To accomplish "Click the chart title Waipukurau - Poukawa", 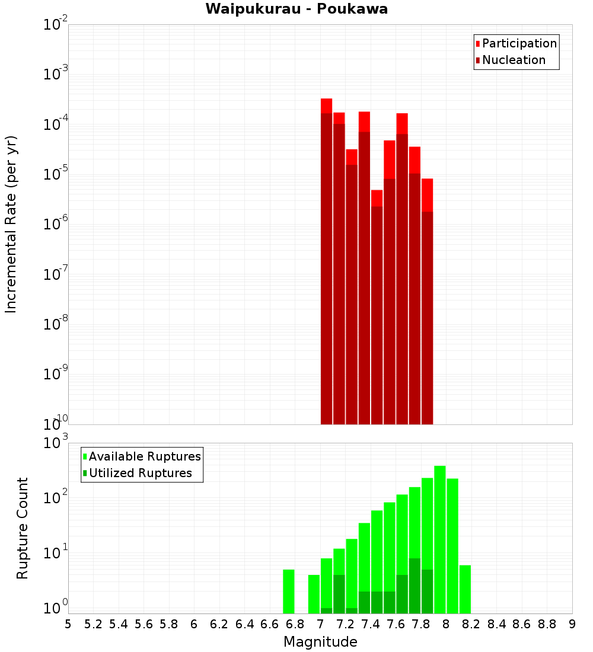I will pos(296,9).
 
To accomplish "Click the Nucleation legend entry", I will pos(513,60).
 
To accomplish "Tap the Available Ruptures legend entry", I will pos(144,456).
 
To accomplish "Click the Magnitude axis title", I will pos(320,642).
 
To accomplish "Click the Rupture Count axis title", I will pos(23,528).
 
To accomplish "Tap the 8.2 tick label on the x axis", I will pos(471,624).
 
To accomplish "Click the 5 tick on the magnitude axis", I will pos(68,624).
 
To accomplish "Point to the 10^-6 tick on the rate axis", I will pos(55,224).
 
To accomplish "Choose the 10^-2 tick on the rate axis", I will pos(55,24).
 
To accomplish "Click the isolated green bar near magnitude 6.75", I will pos(289,592).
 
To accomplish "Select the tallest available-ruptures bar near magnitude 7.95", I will pos(440,539).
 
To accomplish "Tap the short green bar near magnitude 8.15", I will pos(465,589).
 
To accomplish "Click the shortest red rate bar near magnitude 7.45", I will pos(377,308).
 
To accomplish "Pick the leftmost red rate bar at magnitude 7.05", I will pos(326,261).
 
